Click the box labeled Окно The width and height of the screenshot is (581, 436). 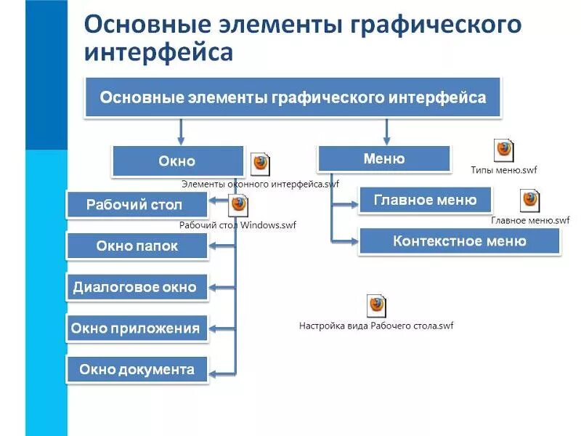tap(178, 161)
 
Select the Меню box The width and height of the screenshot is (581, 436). tap(383, 158)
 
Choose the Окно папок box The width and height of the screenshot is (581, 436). tap(137, 246)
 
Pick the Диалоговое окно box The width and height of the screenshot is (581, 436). tap(137, 286)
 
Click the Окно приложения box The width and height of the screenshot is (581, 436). tap(137, 328)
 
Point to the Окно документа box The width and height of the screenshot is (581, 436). tap(137, 369)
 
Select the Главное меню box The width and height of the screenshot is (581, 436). tap(425, 200)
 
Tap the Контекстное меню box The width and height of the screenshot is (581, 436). tap(459, 241)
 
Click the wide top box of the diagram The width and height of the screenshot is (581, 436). tap(293, 97)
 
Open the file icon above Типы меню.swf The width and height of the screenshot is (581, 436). tap(503, 150)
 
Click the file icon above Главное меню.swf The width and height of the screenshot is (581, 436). tap(530, 201)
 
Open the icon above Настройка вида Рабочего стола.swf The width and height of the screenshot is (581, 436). tap(376, 305)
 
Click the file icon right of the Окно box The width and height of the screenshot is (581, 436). tap(260, 164)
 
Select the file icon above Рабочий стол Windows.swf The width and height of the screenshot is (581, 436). tap(238, 206)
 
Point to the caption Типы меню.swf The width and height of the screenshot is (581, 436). tap(504, 170)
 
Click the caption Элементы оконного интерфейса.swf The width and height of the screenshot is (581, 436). tap(260, 185)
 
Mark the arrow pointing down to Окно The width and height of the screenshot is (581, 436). tap(180, 132)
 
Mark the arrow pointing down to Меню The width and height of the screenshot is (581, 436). tap(386, 132)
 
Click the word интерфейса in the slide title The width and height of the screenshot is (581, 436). tap(159, 52)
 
